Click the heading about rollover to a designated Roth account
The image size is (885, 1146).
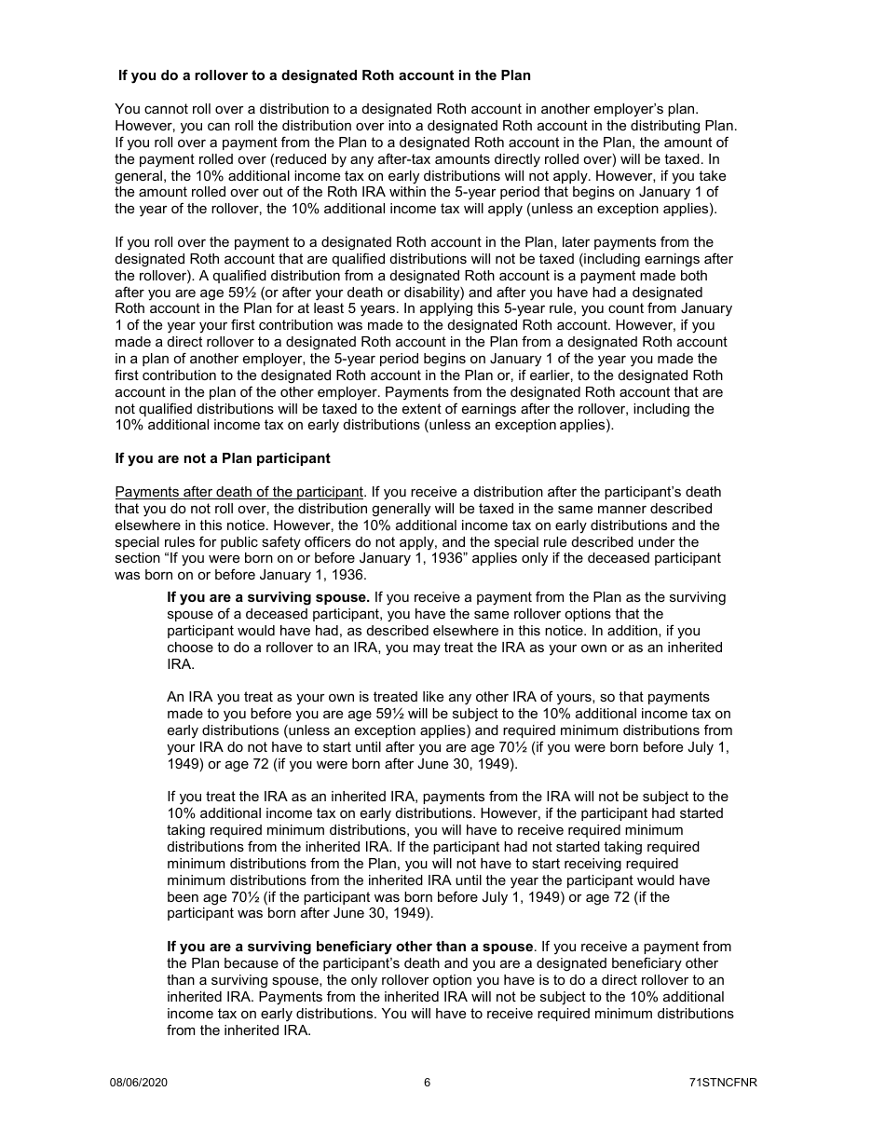click(x=324, y=75)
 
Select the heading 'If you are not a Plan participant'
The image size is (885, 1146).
click(x=222, y=458)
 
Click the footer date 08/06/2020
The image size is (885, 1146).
click(x=139, y=1083)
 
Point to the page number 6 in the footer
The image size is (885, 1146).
click(x=427, y=1083)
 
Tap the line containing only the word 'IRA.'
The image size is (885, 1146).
click(x=181, y=664)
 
